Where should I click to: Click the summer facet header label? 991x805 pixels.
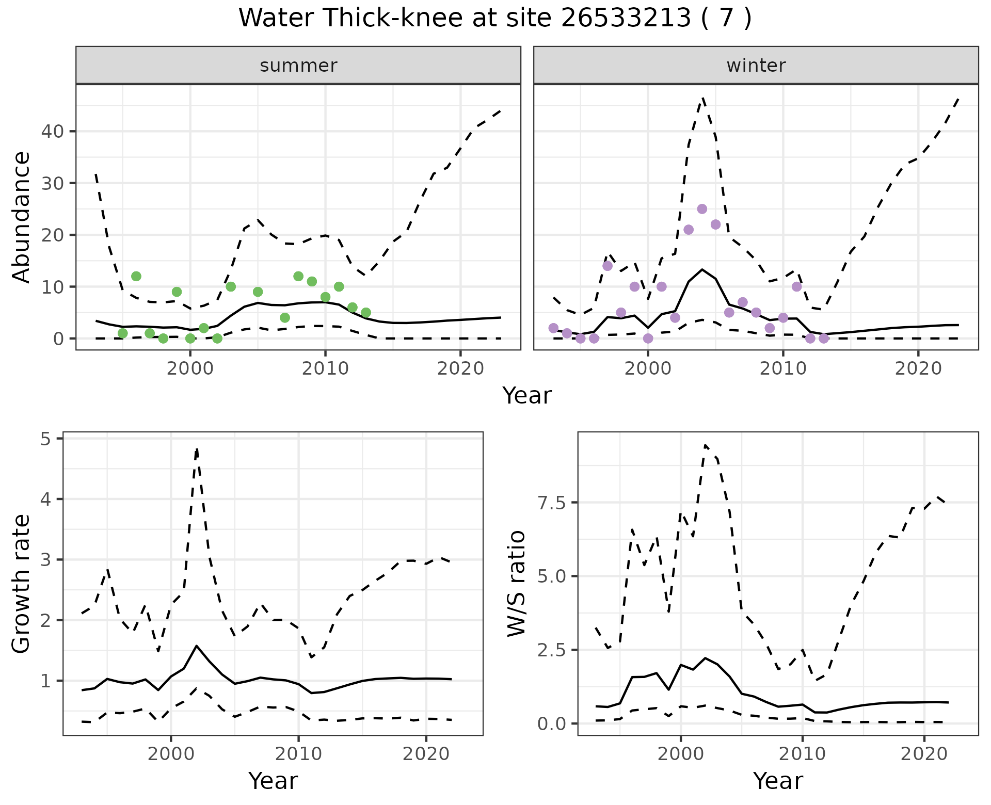tap(298, 66)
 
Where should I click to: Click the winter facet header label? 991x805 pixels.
tap(756, 66)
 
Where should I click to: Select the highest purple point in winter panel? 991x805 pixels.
tap(702, 209)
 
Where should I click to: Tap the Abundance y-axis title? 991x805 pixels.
tap(22, 217)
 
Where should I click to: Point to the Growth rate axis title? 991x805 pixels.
tap(22, 584)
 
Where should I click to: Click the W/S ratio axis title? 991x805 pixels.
tap(517, 584)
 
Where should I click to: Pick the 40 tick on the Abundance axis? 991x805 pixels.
tap(52, 132)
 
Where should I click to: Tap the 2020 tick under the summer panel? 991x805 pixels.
tap(460, 368)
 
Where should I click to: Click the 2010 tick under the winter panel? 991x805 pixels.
tap(783, 368)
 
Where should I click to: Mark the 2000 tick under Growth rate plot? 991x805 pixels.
tap(171, 753)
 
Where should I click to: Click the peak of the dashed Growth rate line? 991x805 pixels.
tap(197, 448)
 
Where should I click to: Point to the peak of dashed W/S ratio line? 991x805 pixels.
tap(705, 444)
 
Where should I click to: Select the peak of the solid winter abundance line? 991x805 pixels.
tap(702, 269)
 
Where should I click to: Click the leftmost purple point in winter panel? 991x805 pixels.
tap(553, 328)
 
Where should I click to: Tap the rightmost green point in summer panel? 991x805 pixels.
tap(366, 313)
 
